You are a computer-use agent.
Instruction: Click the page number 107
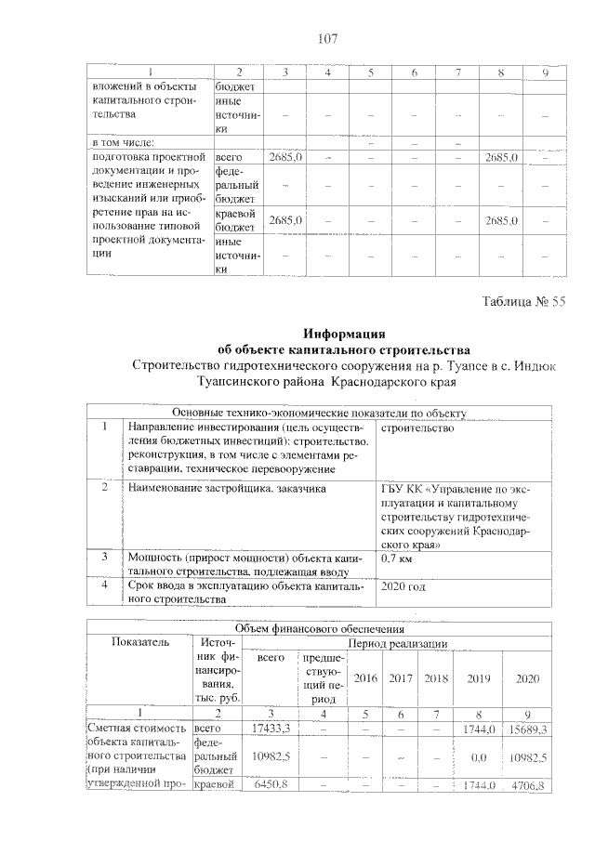[x=326, y=38]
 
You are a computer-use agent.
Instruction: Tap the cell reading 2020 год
[x=403, y=587]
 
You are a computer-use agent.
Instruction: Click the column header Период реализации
[x=400, y=643]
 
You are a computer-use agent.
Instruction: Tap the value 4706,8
[x=533, y=786]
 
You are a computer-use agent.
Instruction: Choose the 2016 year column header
[x=365, y=678]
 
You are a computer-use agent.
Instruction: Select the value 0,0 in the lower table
[x=480, y=757]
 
